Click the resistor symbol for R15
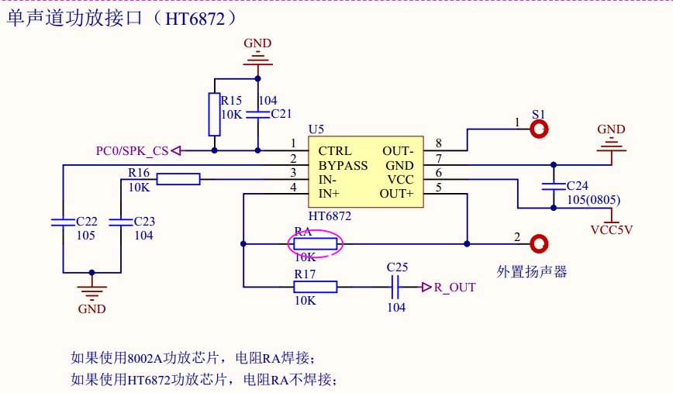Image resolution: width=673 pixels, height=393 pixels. (215, 114)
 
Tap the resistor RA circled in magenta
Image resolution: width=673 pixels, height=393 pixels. (316, 245)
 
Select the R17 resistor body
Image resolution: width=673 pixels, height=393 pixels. (316, 287)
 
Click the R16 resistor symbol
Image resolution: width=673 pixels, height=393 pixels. (178, 180)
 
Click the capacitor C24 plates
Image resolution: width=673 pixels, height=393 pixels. (553, 186)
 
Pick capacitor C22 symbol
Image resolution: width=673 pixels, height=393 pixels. (63, 222)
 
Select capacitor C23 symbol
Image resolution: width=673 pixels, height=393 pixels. (121, 222)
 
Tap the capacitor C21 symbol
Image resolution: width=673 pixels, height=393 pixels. (258, 113)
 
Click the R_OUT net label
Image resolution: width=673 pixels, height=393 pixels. (454, 288)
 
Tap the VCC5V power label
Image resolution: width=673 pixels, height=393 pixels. (612, 229)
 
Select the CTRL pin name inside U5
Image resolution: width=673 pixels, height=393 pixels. (335, 151)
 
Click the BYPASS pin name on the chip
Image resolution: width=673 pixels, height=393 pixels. (343, 166)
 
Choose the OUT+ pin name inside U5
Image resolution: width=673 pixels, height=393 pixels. (397, 194)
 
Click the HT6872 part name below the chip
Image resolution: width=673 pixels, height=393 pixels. (330, 216)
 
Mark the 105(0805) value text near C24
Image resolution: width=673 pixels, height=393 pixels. (592, 201)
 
